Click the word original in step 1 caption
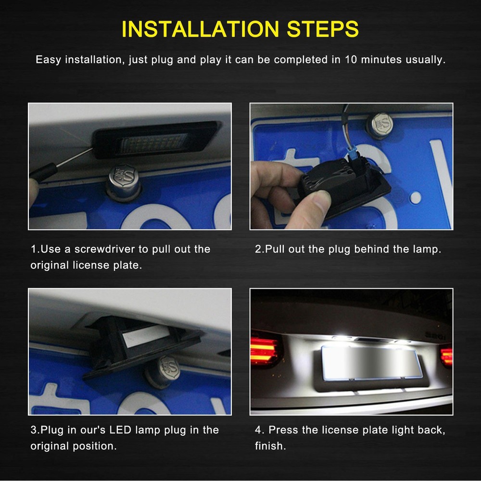pos(52,266)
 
